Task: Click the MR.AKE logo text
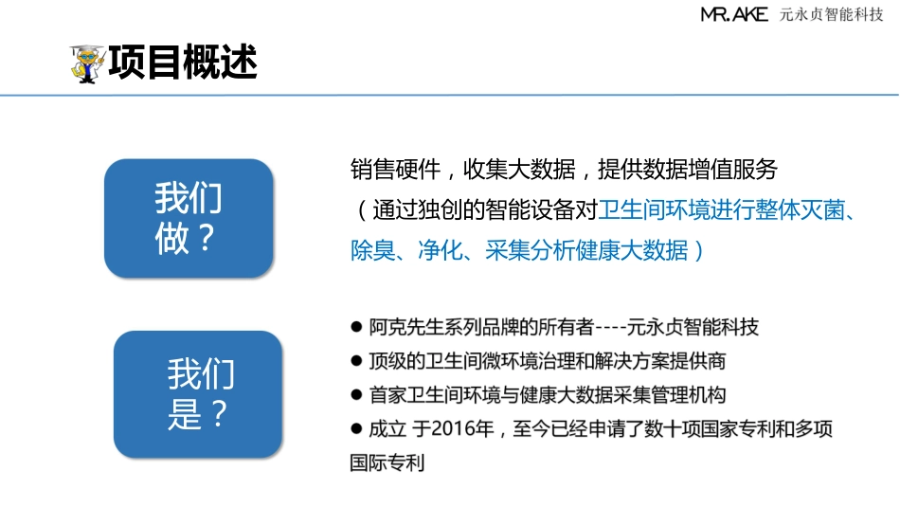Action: click(x=734, y=14)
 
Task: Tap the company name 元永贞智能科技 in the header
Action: click(x=831, y=14)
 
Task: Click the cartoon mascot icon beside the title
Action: click(x=88, y=64)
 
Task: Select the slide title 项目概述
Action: click(x=183, y=63)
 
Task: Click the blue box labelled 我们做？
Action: click(x=189, y=218)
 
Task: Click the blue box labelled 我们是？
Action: click(x=198, y=393)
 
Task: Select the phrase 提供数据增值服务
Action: click(x=688, y=170)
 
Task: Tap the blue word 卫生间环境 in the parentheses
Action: click(x=652, y=210)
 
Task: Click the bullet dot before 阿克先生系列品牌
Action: click(x=356, y=328)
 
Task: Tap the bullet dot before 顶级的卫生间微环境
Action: click(x=356, y=361)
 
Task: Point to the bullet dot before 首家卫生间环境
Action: click(x=356, y=394)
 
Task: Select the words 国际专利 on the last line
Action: click(x=387, y=464)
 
